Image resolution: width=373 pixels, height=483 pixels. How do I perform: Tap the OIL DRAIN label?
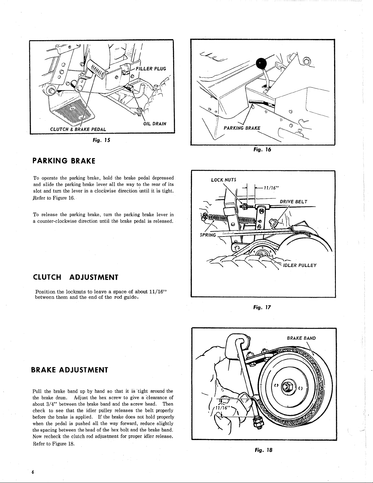[154, 123]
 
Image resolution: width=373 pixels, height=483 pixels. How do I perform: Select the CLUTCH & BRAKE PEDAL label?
[78, 129]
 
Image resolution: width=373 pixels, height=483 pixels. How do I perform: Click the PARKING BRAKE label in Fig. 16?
[242, 128]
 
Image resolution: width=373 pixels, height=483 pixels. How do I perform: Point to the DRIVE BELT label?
[294, 201]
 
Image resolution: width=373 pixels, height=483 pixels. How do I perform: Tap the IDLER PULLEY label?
[300, 265]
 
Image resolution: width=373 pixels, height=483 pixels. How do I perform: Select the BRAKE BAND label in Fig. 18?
[301, 338]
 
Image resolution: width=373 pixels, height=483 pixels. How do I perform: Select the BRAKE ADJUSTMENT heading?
[70, 370]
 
